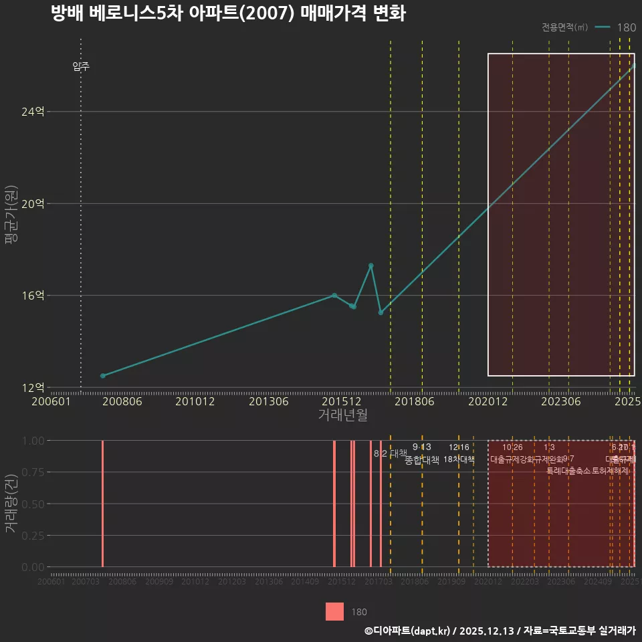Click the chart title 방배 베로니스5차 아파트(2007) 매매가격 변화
[x=228, y=13]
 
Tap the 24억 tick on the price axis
[x=33, y=112]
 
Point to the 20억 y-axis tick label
[x=33, y=203]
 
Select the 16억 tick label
[x=33, y=295]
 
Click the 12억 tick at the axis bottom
[x=33, y=387]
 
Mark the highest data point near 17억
[x=371, y=265]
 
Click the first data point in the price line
[x=102, y=376]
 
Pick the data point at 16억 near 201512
[x=334, y=295]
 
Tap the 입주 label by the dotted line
[x=81, y=66]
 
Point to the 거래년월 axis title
[x=342, y=415]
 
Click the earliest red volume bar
[x=102, y=503]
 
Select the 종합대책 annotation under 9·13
[x=422, y=460]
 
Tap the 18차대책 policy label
[x=459, y=459]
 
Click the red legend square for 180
[x=334, y=611]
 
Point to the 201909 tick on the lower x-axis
[x=451, y=582]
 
